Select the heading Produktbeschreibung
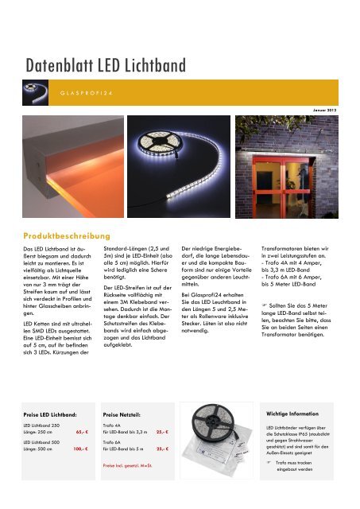click(69, 236)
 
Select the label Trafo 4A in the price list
click(112, 425)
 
